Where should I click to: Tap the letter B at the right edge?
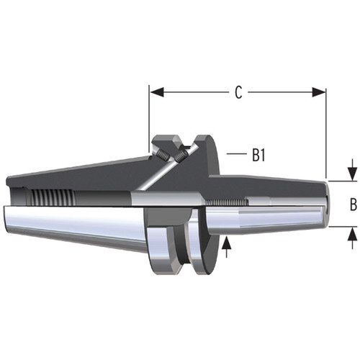353,204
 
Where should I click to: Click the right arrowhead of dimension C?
321,92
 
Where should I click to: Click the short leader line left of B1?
234,154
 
